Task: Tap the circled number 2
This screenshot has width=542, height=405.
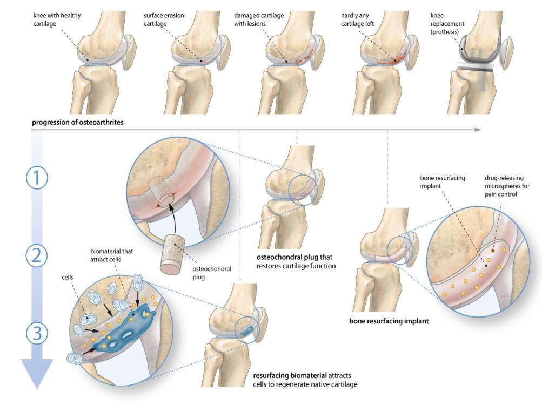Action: [x=36, y=255]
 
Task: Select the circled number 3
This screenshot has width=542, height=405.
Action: [x=36, y=334]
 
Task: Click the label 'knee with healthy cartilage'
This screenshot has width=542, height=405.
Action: [x=57, y=19]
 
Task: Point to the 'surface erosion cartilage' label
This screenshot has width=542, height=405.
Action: [x=164, y=19]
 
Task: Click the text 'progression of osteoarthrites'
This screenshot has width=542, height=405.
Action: [x=78, y=122]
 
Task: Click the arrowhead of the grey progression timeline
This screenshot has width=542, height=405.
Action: [x=477, y=130]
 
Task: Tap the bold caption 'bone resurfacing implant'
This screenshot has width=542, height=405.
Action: [x=389, y=321]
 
